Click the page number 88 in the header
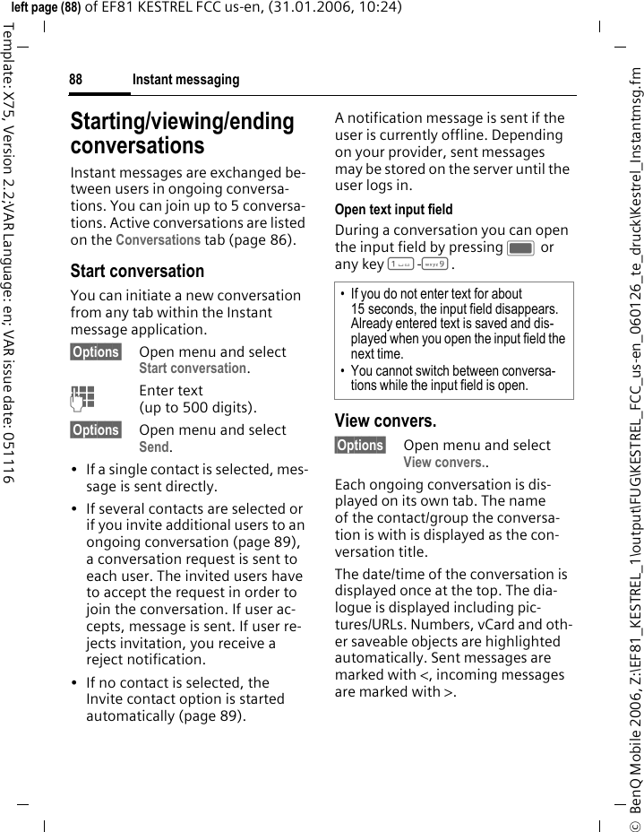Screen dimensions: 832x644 click(76, 81)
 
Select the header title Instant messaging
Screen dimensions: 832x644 click(185, 81)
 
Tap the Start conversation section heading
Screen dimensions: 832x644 click(137, 271)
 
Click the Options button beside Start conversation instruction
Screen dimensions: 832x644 click(96, 352)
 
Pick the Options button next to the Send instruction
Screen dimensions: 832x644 click(96, 430)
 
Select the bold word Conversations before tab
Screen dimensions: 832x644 click(159, 240)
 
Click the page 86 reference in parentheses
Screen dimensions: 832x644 click(267, 240)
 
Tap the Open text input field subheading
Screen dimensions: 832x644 click(393, 210)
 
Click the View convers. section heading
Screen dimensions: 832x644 click(385, 420)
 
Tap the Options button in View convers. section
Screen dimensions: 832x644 click(360, 446)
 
